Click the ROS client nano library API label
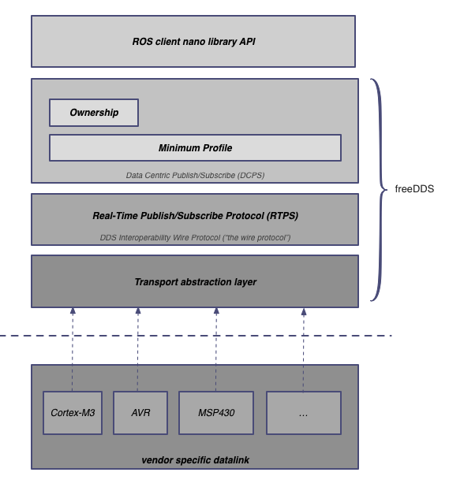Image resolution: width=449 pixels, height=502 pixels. point(193,41)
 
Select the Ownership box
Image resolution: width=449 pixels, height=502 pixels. point(94,113)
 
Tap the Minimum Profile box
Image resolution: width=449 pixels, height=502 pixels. point(195,147)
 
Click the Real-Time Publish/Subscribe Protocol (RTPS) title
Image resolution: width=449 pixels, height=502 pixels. point(195,215)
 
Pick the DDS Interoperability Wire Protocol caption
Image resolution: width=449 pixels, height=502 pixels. point(195,237)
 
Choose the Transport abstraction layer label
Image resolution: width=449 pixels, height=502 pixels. point(195,281)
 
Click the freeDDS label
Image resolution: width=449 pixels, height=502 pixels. point(414,189)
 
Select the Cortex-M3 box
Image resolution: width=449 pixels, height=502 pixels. point(73,413)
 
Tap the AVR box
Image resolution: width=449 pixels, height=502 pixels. point(140,413)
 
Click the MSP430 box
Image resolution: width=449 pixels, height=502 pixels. point(215,413)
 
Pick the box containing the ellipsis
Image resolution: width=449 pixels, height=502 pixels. point(303,413)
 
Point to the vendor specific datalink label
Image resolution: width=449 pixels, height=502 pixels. point(195,459)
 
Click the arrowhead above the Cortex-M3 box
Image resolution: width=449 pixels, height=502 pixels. point(73,311)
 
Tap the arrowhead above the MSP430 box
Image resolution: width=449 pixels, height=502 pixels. point(215,311)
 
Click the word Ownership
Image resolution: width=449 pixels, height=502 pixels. point(94,113)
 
